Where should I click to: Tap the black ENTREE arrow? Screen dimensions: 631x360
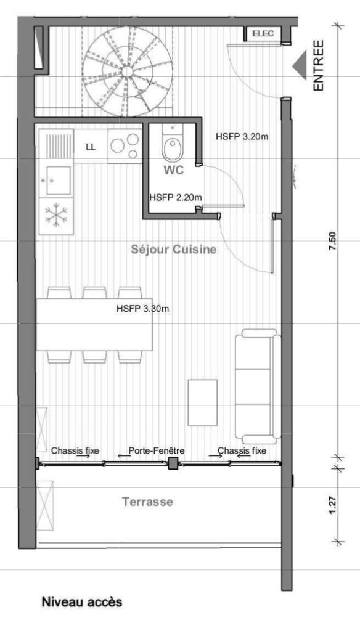(x=301, y=65)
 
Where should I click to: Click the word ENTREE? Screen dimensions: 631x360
(x=319, y=65)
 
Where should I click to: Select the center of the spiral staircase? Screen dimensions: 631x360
(x=127, y=71)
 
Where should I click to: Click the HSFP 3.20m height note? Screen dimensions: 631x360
(x=242, y=137)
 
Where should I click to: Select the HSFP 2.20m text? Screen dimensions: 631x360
(x=176, y=198)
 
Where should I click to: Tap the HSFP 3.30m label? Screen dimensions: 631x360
(x=142, y=308)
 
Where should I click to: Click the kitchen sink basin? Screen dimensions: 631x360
(x=56, y=181)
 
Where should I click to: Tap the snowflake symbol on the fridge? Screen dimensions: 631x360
(x=56, y=216)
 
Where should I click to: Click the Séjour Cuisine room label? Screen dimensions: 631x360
(x=173, y=250)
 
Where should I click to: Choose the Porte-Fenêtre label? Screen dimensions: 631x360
(x=157, y=450)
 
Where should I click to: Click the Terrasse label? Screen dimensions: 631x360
(x=147, y=502)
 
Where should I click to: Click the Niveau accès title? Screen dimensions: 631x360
(x=81, y=601)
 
